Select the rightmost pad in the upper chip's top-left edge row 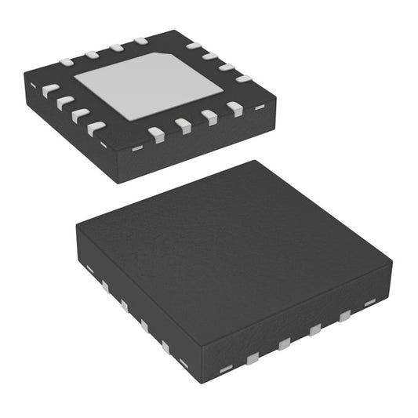(x=140, y=40)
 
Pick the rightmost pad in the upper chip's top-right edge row (x=243, y=78)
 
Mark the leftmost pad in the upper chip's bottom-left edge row (x=49, y=90)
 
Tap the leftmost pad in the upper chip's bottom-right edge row (x=155, y=134)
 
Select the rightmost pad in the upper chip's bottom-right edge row (x=235, y=109)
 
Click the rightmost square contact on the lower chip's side (x=344, y=316)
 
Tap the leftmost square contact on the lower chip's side (x=104, y=286)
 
